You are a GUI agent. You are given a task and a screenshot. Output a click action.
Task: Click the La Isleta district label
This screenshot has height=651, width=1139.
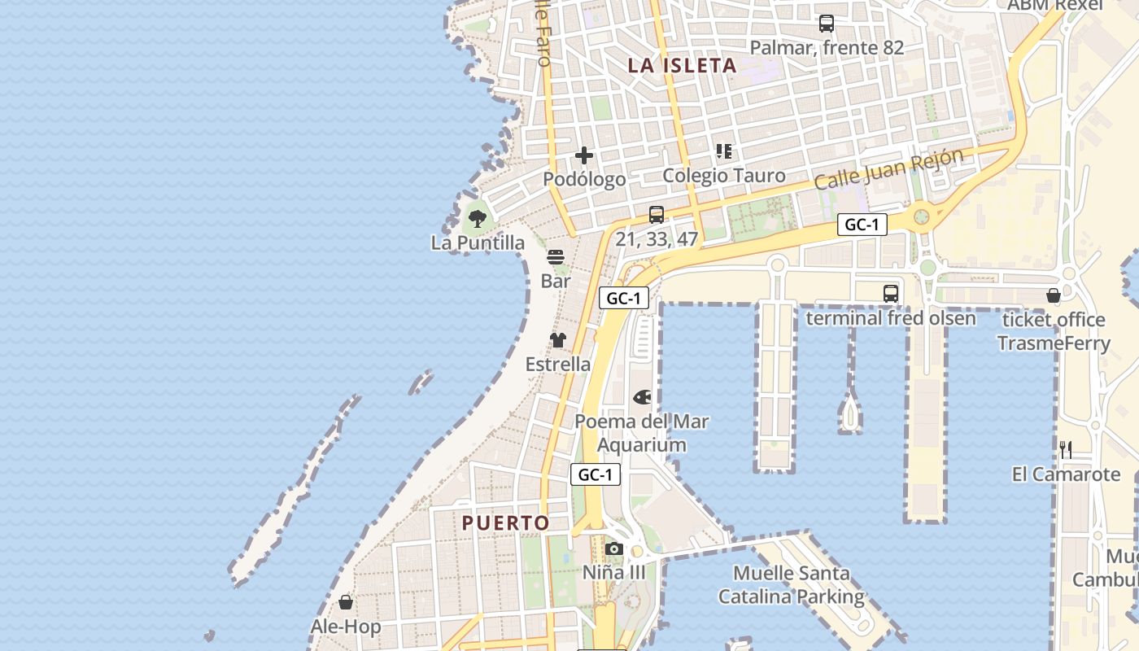[x=682, y=66]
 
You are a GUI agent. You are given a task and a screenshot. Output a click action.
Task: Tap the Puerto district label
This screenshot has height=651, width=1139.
[x=505, y=522]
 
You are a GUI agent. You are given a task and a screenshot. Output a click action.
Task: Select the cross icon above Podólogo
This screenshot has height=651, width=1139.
[x=584, y=155]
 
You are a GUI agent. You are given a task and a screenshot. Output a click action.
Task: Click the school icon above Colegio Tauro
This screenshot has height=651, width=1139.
[x=724, y=151]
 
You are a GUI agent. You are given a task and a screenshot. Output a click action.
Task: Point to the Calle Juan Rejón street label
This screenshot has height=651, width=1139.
[x=888, y=169]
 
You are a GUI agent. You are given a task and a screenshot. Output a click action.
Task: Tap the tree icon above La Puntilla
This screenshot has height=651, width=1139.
[x=478, y=218]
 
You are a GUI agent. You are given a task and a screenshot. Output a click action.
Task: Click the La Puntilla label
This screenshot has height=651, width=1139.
[x=478, y=242]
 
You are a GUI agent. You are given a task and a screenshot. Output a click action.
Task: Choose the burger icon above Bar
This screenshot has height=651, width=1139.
[x=556, y=257]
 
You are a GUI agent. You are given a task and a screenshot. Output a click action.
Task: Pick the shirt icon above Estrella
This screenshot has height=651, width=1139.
[x=557, y=340]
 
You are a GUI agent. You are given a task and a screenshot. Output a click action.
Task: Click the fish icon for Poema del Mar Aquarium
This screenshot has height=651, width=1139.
[x=642, y=398]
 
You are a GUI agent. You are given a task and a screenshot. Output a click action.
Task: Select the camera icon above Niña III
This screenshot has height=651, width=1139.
[x=614, y=549]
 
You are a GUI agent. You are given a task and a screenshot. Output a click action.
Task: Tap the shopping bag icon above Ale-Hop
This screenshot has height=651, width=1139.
[x=346, y=603]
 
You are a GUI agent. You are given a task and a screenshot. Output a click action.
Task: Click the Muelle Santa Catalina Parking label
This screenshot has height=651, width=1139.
[x=790, y=585]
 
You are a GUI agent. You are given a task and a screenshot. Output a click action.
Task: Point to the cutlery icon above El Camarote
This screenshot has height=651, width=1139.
[x=1066, y=450]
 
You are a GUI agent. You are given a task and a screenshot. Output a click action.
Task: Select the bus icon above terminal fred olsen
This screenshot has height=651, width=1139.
[x=891, y=294]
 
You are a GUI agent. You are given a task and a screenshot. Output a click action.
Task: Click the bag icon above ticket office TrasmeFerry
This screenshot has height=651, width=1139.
[x=1054, y=296]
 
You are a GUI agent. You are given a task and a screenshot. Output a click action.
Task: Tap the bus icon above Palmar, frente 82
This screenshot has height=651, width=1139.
[x=827, y=24]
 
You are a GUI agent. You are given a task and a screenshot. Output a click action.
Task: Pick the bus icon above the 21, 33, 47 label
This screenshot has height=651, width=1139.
[x=657, y=215]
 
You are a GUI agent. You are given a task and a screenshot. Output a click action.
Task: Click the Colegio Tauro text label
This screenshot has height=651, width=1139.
[x=724, y=176]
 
